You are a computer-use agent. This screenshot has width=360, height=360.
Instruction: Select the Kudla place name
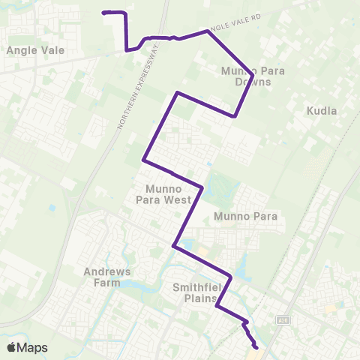pyautogui.click(x=322, y=111)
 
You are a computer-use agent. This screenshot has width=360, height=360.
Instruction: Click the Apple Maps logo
pyautogui.click(x=26, y=347)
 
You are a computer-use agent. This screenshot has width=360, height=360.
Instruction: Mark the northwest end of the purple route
pyautogui.click(x=103, y=12)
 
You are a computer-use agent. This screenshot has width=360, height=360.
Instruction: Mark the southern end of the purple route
pyautogui.click(x=256, y=347)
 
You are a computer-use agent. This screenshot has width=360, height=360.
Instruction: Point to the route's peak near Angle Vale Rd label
pyautogui.click(x=206, y=31)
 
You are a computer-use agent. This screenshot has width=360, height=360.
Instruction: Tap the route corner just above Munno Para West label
pyautogui.click(x=202, y=186)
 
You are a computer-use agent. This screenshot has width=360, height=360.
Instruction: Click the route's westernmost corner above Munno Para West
pyautogui.click(x=143, y=160)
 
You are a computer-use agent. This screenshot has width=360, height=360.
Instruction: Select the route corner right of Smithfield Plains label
pyautogui.click(x=231, y=278)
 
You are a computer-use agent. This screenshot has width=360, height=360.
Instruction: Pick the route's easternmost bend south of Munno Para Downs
pyautogui.click(x=235, y=116)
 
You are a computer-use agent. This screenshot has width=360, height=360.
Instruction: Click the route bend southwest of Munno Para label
pyautogui.click(x=174, y=244)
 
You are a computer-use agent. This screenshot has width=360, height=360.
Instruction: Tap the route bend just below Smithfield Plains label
pyautogui.click(x=217, y=305)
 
